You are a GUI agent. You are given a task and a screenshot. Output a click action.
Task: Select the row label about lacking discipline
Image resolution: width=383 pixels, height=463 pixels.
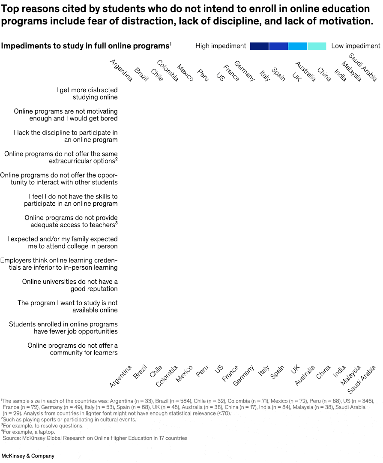coord(66,136)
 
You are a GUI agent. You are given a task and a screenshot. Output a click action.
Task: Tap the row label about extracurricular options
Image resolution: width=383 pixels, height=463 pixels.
coord(61,157)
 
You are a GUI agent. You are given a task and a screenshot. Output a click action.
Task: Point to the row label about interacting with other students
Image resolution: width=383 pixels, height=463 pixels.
coord(59,179)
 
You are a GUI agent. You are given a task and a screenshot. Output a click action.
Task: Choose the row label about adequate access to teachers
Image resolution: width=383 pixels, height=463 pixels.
coord(71,221)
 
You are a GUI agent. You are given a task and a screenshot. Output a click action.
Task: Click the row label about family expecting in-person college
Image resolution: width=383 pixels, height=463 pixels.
coord(63,243)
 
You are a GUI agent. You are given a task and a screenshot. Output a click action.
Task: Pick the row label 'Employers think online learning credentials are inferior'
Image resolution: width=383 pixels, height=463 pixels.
coord(59,264)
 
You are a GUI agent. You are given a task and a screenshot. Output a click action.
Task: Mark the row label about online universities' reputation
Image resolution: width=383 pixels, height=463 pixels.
coord(70,285)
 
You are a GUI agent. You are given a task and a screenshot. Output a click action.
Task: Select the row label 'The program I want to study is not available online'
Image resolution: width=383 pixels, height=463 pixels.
coord(68,307)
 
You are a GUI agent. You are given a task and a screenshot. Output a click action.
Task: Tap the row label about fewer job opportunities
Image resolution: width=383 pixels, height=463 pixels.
coord(63,328)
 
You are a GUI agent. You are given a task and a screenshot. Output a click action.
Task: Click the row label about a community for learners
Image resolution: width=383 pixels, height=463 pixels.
coord(73,349)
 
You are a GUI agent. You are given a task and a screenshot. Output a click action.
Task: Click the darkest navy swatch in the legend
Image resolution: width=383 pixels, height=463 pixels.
coord(259,46)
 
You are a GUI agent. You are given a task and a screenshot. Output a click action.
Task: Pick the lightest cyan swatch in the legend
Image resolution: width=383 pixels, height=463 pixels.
coord(317,46)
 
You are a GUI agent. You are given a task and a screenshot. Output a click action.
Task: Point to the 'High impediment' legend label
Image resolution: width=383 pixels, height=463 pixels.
coord(221,46)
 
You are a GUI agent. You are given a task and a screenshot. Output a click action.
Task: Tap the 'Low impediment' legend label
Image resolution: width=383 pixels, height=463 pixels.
coord(356,46)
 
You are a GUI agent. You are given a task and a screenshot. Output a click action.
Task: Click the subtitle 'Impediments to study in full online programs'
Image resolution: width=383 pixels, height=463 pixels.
coord(85,46)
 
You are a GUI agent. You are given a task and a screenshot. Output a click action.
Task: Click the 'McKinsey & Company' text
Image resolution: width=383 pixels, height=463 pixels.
coord(28,456)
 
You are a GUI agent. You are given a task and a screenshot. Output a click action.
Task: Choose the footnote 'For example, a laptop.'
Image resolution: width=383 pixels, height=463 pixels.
coord(29,432)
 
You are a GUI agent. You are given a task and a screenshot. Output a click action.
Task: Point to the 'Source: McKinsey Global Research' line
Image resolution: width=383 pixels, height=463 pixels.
coord(95,438)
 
